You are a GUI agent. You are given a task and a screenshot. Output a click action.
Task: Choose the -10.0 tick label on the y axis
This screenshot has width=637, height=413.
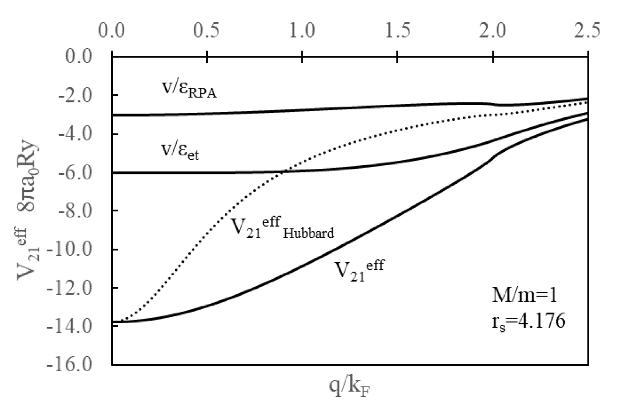70,249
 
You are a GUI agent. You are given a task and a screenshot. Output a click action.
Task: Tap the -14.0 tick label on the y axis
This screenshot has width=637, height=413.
70,326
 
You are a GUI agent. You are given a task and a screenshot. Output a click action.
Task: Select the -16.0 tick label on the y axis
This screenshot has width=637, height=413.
70,364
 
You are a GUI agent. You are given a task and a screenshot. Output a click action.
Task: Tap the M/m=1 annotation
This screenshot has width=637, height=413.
524,296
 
